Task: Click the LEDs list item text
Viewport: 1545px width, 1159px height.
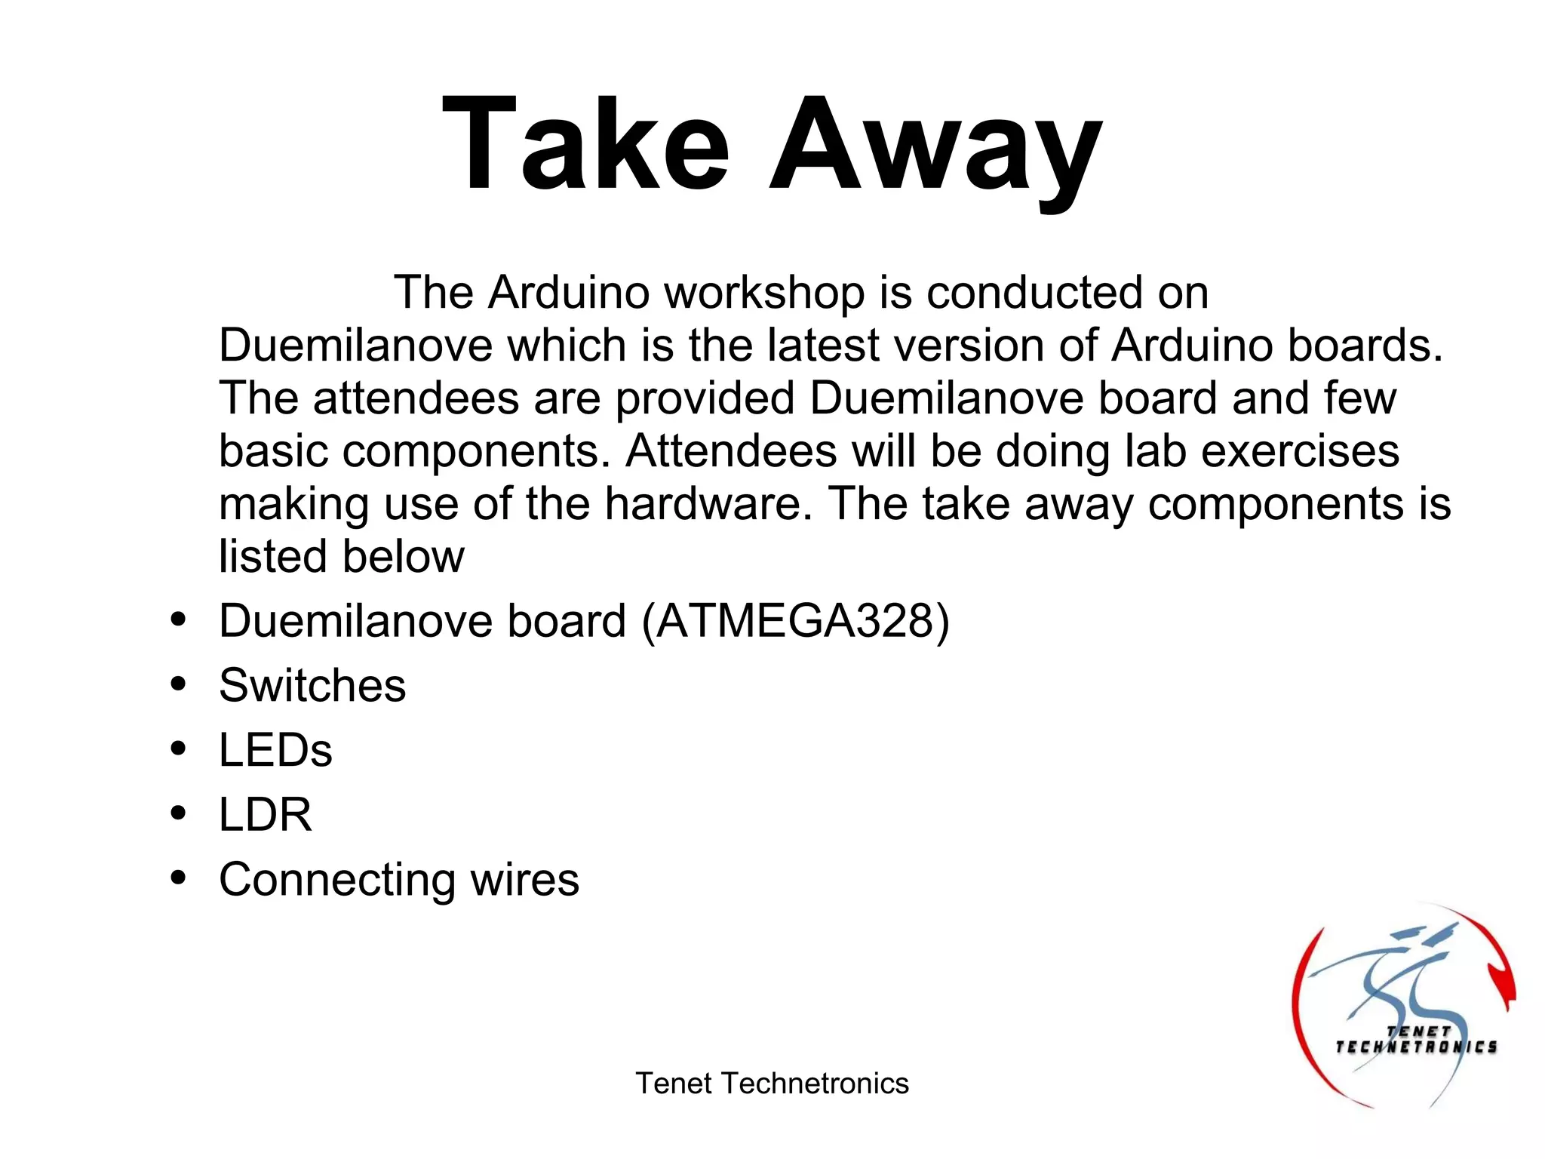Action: pyautogui.click(x=275, y=750)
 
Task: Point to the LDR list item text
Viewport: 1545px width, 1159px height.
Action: pyautogui.click(x=265, y=815)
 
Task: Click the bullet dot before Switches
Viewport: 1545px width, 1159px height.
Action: pyautogui.click(x=179, y=685)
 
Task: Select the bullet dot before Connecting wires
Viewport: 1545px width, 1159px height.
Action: pyautogui.click(x=179, y=878)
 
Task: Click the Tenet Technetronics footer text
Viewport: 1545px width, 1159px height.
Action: pyautogui.click(x=772, y=1084)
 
